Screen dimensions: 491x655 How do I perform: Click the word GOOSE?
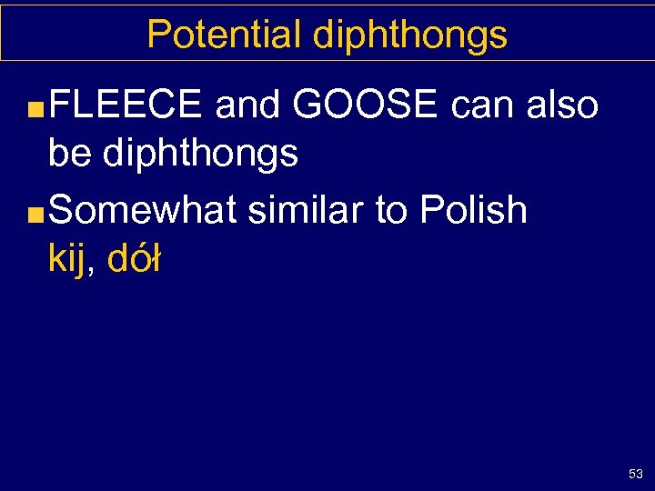coord(366,105)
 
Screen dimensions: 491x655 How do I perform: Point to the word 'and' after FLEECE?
coord(248,105)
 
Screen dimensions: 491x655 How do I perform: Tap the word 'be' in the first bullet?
coord(69,154)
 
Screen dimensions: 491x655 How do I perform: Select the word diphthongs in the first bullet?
coord(200,154)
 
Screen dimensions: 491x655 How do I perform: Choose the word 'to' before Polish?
coord(392,210)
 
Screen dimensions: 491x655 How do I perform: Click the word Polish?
coord(473,210)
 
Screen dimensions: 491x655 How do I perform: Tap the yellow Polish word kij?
coord(69,260)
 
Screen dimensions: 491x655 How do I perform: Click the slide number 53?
coord(635,474)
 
